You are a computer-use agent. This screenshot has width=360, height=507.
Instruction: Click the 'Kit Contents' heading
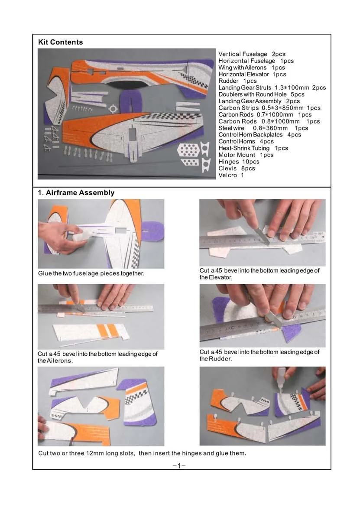pyautogui.click(x=60, y=42)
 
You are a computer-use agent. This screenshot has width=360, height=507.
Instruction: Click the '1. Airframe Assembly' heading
pyautogui.click(x=76, y=193)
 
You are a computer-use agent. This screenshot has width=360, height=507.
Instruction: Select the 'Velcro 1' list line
pyautogui.click(x=231, y=175)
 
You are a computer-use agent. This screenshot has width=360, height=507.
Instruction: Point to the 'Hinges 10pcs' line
pyautogui.click(x=239, y=162)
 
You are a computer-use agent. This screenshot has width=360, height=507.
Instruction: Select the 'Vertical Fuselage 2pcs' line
pyautogui.click(x=252, y=54)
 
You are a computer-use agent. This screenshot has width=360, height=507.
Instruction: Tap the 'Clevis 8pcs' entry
pyautogui.click(x=237, y=169)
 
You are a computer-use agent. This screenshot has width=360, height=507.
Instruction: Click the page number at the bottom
pyautogui.click(x=179, y=465)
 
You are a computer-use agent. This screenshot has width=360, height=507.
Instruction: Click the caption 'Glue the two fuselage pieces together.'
pyautogui.click(x=91, y=273)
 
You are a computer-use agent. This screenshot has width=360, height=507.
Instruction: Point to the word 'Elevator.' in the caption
pyautogui.click(x=216, y=277)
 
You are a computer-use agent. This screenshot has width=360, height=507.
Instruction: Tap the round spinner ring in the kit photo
pyautogui.click(x=113, y=109)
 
